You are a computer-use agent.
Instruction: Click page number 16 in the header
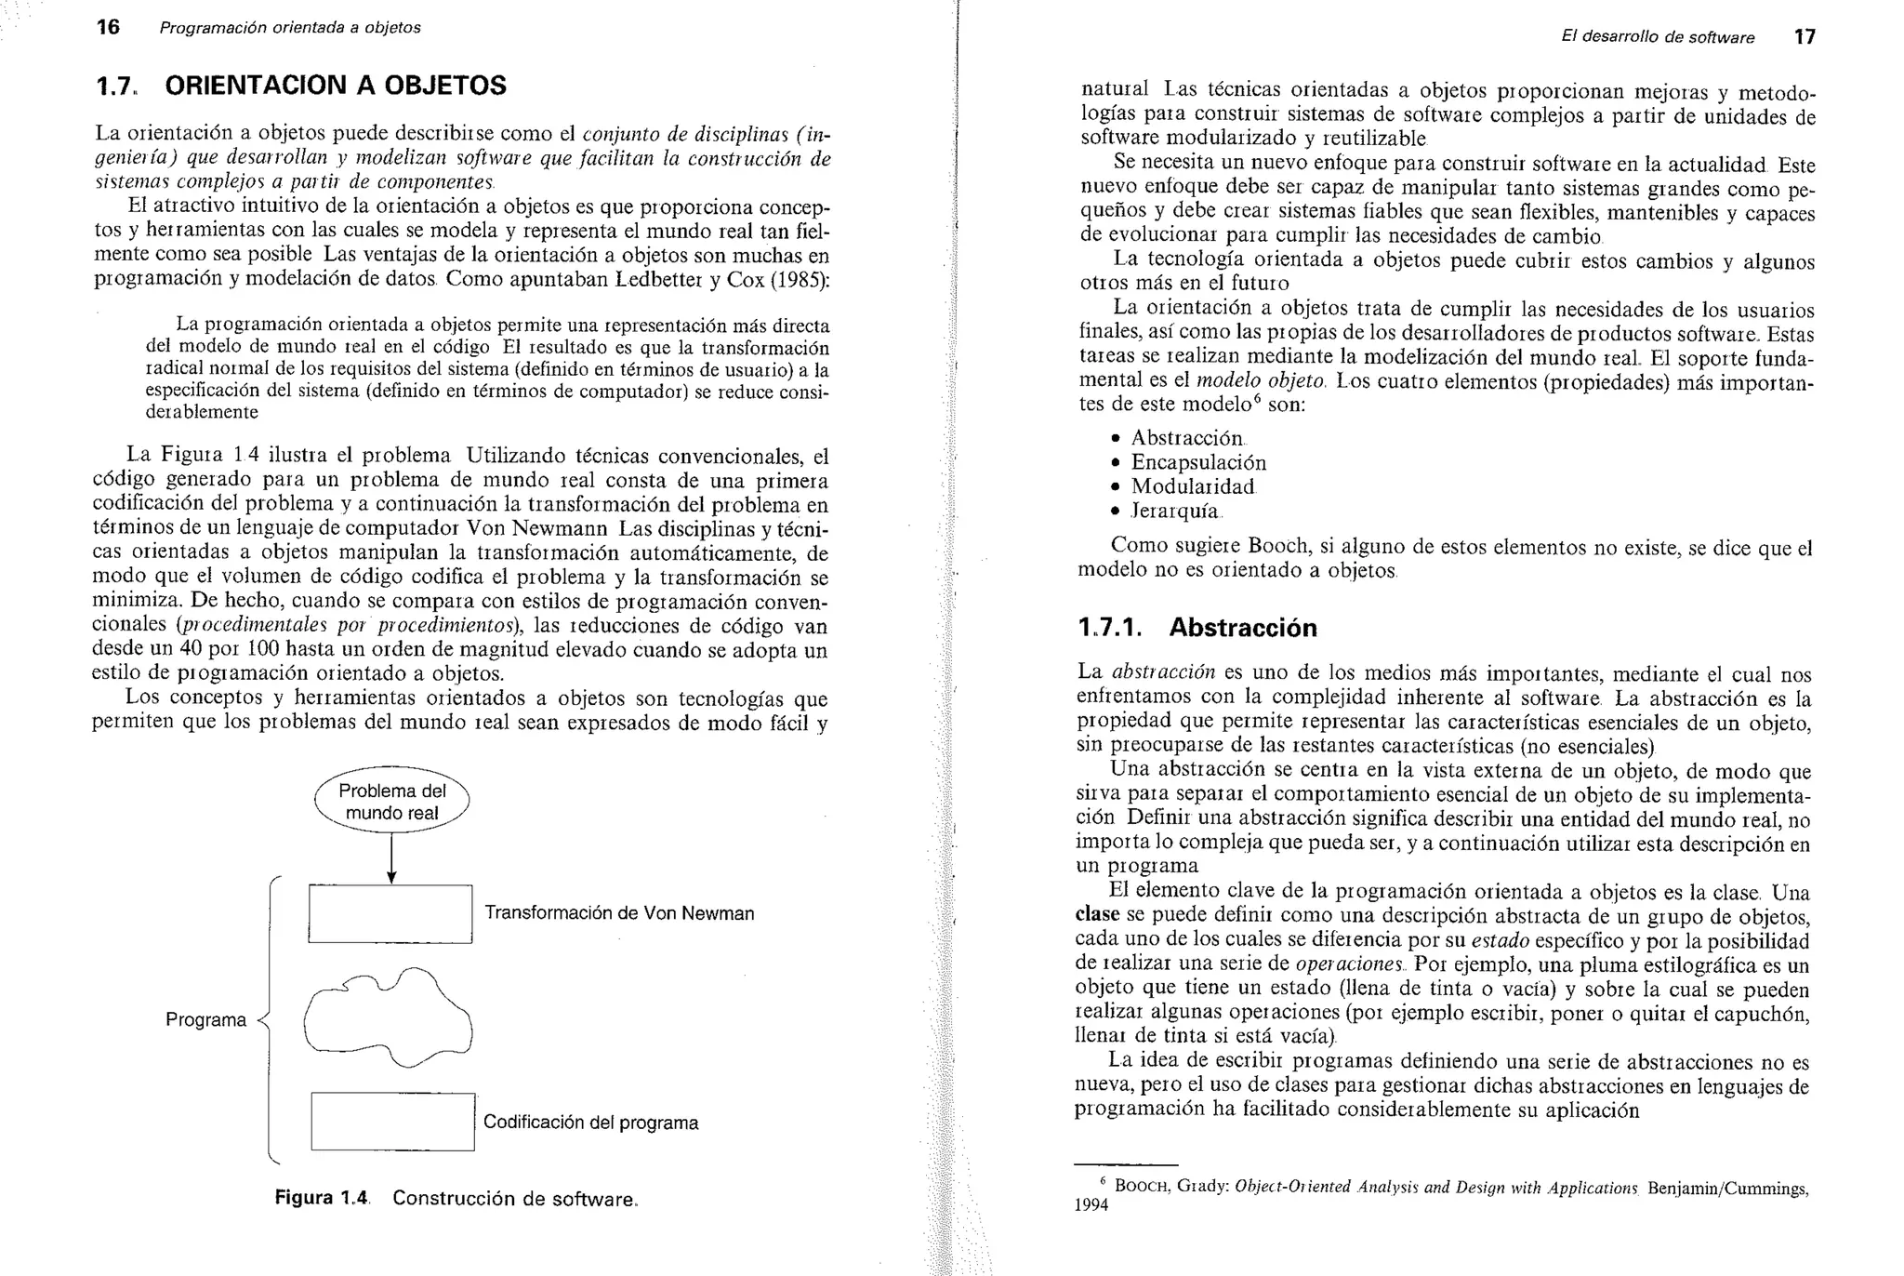pyautogui.click(x=108, y=27)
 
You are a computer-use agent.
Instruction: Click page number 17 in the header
pyautogui.click(x=1804, y=37)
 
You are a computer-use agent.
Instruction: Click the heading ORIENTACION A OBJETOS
pyautogui.click(x=336, y=86)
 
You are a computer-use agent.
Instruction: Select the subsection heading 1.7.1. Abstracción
pyautogui.click(x=1197, y=628)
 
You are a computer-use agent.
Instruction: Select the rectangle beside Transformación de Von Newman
pyautogui.click(x=390, y=913)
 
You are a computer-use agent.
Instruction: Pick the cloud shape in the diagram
pyautogui.click(x=389, y=1019)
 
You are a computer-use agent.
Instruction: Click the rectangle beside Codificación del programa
pyautogui.click(x=392, y=1122)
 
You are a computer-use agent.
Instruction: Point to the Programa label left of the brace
pyautogui.click(x=205, y=1020)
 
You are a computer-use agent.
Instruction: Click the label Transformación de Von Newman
pyautogui.click(x=619, y=913)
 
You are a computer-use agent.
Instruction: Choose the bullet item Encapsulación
pyautogui.click(x=1197, y=462)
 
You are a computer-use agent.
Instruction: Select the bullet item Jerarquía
pyautogui.click(x=1175, y=511)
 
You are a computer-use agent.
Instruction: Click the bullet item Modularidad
pyautogui.click(x=1192, y=486)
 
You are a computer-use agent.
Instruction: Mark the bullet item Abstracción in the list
pyautogui.click(x=1186, y=438)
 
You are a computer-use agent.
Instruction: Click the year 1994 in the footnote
pyautogui.click(x=1091, y=1205)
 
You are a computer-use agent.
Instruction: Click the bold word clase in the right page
pyautogui.click(x=1097, y=915)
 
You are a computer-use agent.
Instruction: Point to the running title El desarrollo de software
pyautogui.click(x=1658, y=38)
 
